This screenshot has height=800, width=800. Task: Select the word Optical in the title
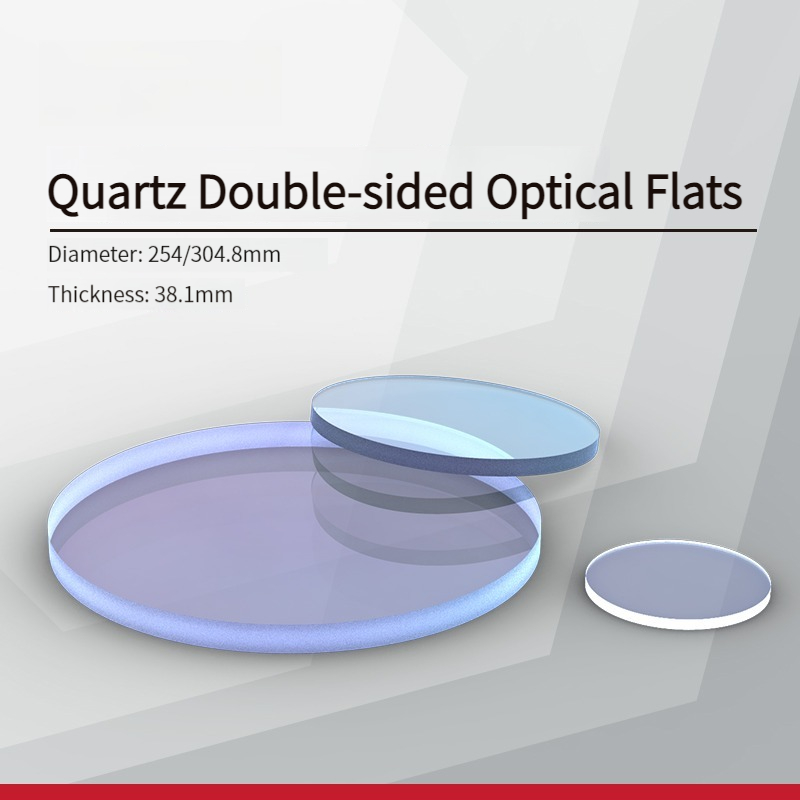click(x=560, y=191)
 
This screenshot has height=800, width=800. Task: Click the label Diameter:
click(x=95, y=254)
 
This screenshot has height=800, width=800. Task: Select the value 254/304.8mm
click(x=214, y=254)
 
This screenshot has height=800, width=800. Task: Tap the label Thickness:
click(x=98, y=294)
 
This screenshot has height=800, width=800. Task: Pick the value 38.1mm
click(x=193, y=294)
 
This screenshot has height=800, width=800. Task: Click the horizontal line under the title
click(x=403, y=231)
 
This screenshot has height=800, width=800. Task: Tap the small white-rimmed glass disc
click(x=678, y=584)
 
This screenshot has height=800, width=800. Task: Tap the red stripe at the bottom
click(x=400, y=792)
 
